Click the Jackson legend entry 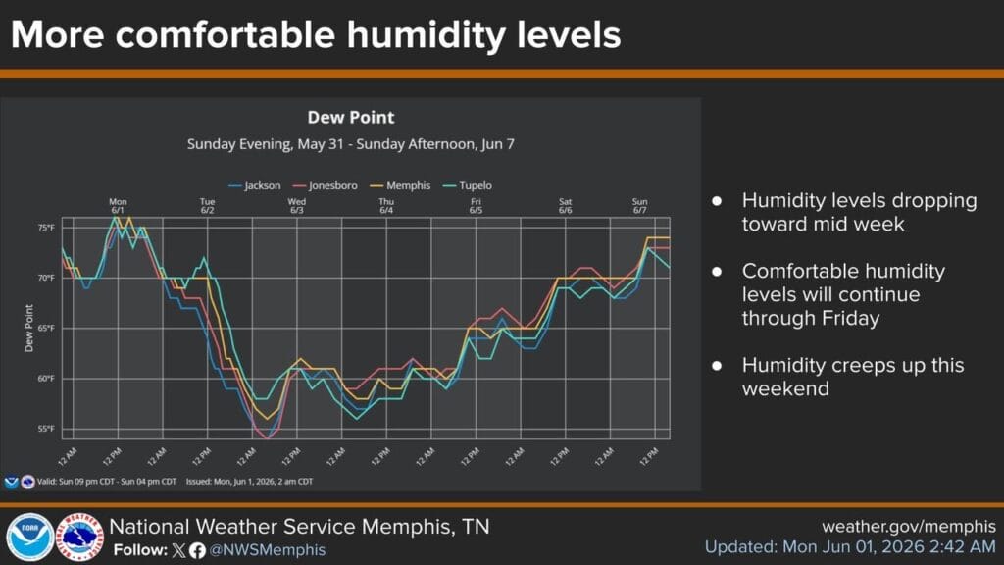pyautogui.click(x=255, y=185)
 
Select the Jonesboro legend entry pyautogui.click(x=326, y=185)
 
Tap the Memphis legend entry pyautogui.click(x=401, y=185)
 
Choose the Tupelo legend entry pyautogui.click(x=468, y=185)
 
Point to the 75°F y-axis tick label pyautogui.click(x=46, y=228)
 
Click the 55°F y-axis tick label pyautogui.click(x=46, y=429)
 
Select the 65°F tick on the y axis pyautogui.click(x=46, y=328)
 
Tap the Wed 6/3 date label pyautogui.click(x=296, y=206)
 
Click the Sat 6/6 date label pyautogui.click(x=565, y=206)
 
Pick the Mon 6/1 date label pyautogui.click(x=118, y=206)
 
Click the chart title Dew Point pyautogui.click(x=351, y=118)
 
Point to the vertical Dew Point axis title pyautogui.click(x=28, y=328)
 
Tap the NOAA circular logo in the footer pyautogui.click(x=29, y=537)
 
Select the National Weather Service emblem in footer pyautogui.click(x=79, y=537)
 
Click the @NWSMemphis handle pyautogui.click(x=267, y=550)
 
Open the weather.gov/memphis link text pyautogui.click(x=909, y=527)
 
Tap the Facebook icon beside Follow pyautogui.click(x=197, y=550)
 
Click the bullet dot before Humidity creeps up pyautogui.click(x=717, y=366)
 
